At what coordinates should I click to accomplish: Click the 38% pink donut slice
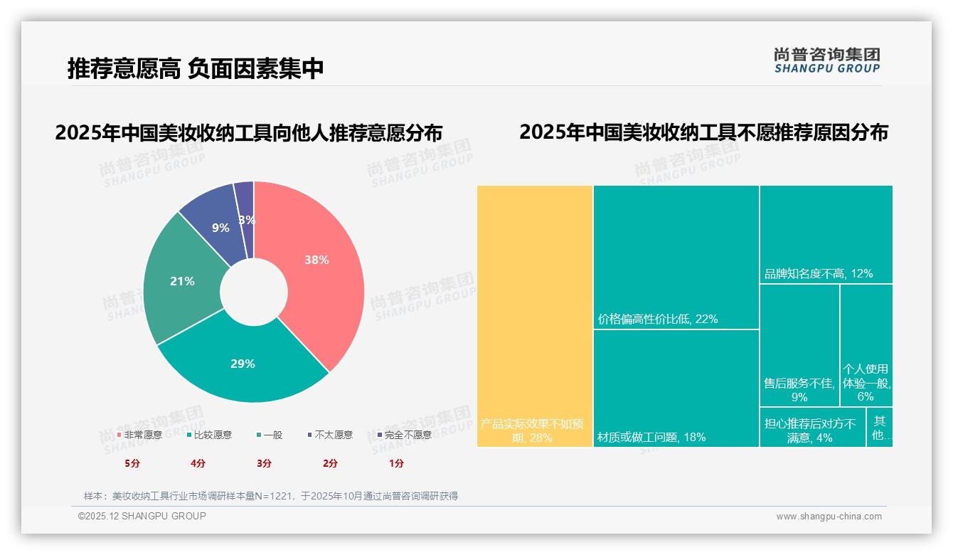point(316,263)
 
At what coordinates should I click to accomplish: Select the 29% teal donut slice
point(242,366)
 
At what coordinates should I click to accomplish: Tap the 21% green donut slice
point(181,282)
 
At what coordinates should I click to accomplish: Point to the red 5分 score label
point(132,463)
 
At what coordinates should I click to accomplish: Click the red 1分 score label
point(396,463)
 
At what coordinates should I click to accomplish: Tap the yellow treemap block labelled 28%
point(535,313)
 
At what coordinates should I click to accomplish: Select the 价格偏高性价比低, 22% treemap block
point(676,256)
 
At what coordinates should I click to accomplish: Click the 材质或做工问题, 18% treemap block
point(676,388)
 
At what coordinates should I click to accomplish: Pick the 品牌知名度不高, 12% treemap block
point(826,234)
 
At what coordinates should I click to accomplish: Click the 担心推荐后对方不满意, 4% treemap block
point(812,427)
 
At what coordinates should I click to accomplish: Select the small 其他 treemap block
point(880,427)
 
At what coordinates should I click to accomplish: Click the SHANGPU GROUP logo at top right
point(826,60)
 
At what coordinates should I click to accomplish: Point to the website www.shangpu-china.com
point(829,517)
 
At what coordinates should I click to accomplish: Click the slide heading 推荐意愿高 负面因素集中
point(196,68)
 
